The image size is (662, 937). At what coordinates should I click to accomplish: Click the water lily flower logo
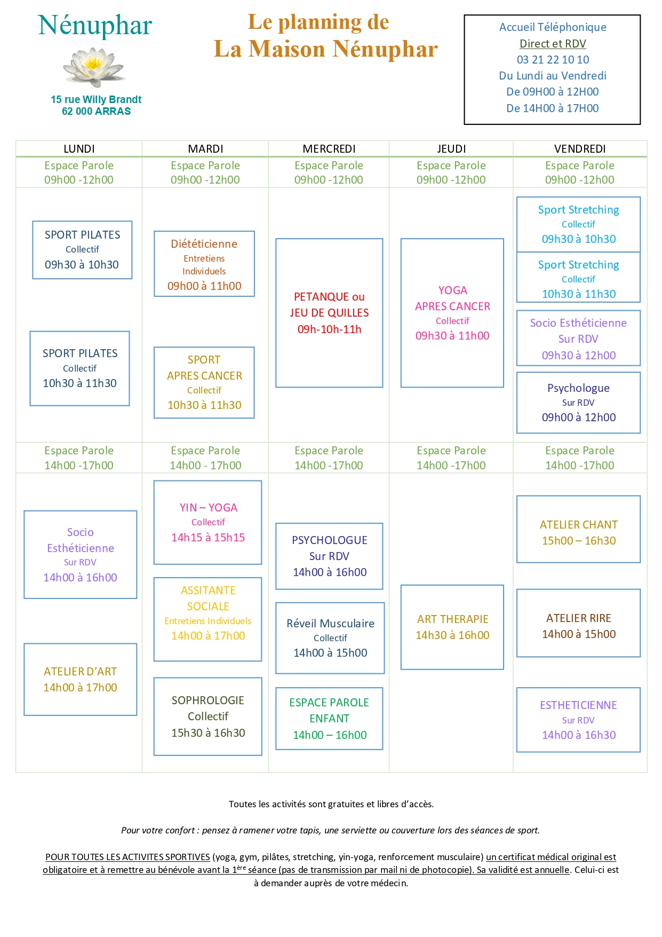[x=94, y=67]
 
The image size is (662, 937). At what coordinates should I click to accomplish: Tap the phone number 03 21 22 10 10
[x=553, y=60]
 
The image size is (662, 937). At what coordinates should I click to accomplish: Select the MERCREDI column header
[x=329, y=149]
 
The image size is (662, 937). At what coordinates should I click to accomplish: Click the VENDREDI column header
[x=580, y=149]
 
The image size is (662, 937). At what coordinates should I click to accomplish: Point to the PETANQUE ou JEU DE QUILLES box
[x=329, y=313]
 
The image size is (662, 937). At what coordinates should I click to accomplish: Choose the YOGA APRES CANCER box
[x=452, y=313]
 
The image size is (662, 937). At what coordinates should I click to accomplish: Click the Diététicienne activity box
[x=204, y=264]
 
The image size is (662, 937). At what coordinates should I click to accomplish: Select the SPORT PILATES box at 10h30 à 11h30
[x=80, y=368]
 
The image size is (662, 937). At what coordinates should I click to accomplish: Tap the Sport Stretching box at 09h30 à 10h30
[x=578, y=224]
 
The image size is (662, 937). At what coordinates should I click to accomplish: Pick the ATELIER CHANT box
[x=578, y=529]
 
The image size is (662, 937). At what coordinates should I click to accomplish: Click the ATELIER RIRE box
[x=578, y=623]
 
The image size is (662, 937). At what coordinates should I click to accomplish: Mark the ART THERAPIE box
[x=452, y=627]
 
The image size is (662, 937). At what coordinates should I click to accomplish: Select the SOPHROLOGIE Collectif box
[x=208, y=716]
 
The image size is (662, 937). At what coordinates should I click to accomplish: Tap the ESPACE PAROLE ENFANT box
[x=329, y=719]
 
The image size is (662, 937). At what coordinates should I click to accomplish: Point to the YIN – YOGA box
[x=208, y=522]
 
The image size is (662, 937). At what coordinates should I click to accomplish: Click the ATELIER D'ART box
[x=81, y=679]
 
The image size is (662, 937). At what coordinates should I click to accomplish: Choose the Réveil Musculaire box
[x=330, y=638]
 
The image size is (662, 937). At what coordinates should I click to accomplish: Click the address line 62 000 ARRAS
[x=97, y=112]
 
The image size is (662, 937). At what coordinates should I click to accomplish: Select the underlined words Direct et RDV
[x=553, y=44]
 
